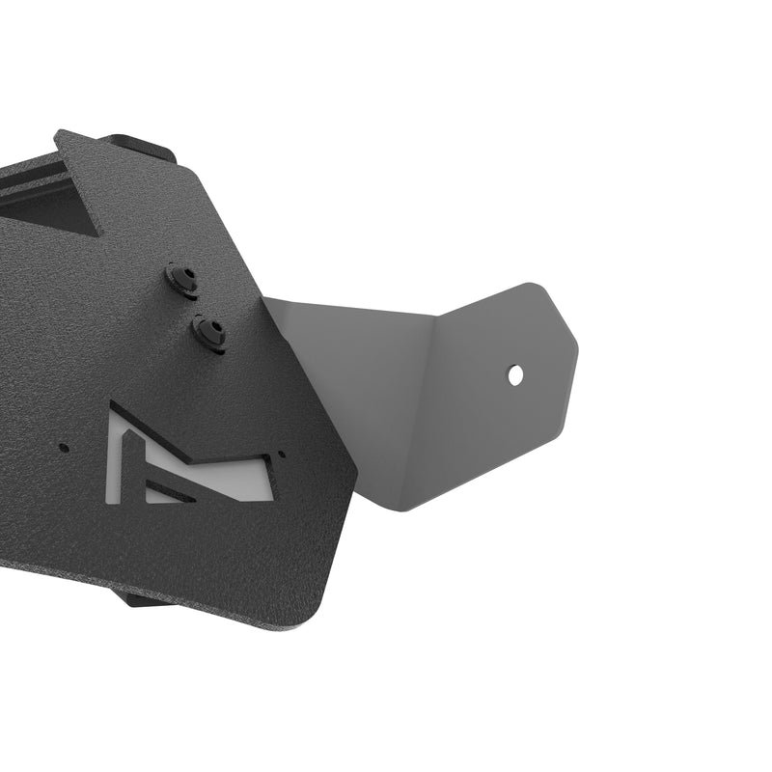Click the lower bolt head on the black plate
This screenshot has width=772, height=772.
[209, 333]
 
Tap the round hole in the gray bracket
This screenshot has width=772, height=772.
[516, 373]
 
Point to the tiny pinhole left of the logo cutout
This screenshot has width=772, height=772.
[64, 447]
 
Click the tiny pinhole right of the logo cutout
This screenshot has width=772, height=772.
[282, 454]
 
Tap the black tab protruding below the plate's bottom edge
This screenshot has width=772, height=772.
[140, 598]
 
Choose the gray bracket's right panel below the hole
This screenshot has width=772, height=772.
[502, 434]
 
